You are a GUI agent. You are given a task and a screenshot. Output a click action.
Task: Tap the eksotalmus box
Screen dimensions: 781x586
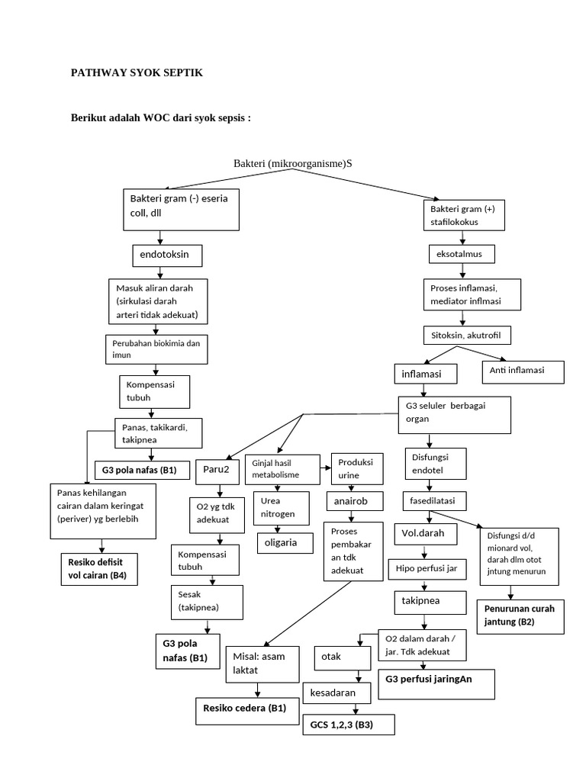[x=460, y=252]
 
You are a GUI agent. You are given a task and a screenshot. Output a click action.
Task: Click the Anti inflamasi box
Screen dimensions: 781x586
[x=523, y=371]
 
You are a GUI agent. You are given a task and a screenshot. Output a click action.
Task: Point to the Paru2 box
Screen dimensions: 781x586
[x=219, y=471]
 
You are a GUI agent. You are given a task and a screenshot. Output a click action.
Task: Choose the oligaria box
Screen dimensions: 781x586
[x=285, y=542]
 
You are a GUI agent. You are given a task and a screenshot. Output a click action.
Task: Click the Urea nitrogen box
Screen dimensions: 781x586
[x=281, y=509]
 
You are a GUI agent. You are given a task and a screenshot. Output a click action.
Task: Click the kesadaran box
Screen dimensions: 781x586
[x=336, y=693]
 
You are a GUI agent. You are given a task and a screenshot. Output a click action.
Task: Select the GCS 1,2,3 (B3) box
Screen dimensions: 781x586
[x=348, y=724]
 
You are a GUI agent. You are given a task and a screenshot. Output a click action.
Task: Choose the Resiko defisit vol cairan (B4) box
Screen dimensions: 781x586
[x=98, y=569]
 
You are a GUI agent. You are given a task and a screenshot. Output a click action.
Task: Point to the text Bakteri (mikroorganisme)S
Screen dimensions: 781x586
[x=293, y=163]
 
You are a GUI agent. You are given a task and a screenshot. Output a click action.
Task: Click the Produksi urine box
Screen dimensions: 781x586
[x=354, y=469]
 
